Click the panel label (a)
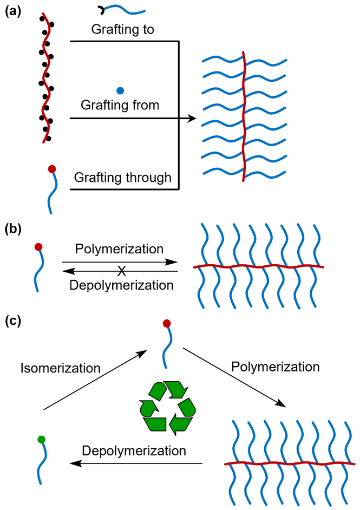12,11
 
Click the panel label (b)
12,228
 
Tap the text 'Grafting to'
123,29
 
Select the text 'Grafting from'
120,104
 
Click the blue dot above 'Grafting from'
120,90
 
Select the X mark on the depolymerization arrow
123,270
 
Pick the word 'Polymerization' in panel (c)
276,367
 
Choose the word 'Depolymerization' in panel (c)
134,450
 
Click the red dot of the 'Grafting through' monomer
52,169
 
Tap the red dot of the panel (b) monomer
38,247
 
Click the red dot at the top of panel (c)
167,324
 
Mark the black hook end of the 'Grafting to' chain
101,8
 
